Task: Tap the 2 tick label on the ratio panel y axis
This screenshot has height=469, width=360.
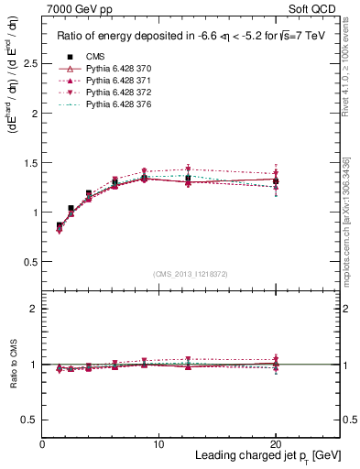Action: click(x=34, y=310)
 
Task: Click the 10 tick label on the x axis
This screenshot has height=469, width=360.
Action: click(x=158, y=444)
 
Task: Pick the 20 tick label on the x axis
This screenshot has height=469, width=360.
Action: click(x=276, y=444)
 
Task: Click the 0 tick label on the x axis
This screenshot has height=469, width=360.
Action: click(x=42, y=444)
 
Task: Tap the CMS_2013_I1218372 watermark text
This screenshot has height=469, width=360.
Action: click(x=191, y=274)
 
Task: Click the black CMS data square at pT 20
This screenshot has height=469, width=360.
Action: click(x=276, y=180)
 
